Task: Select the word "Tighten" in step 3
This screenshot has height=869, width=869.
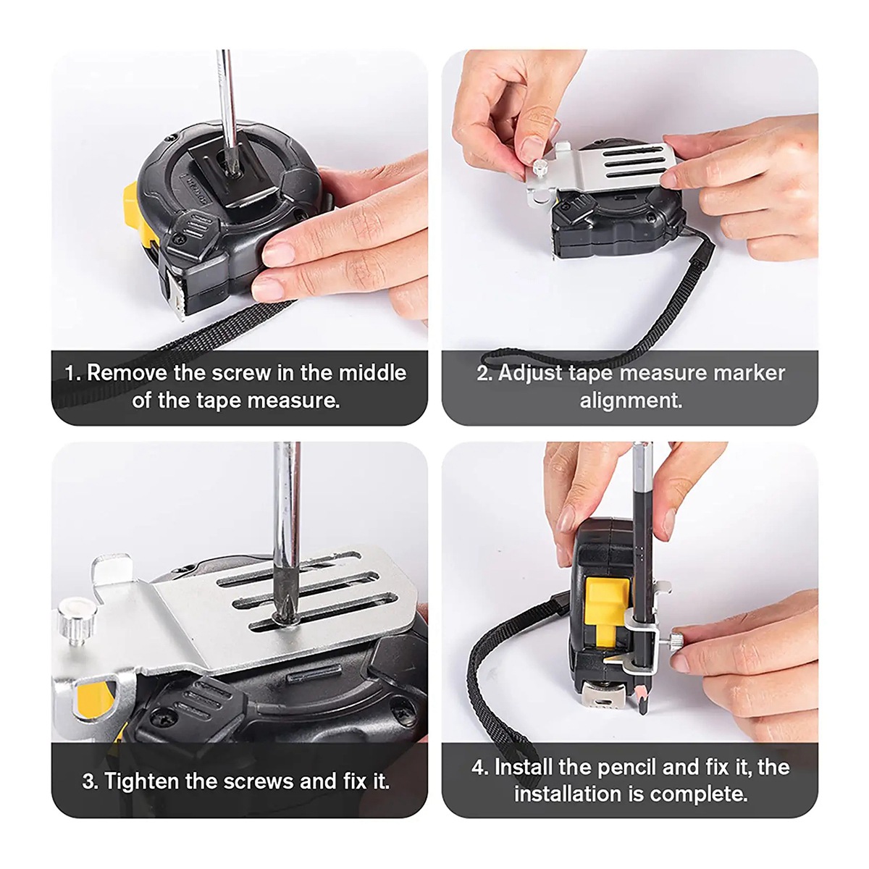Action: (x=142, y=781)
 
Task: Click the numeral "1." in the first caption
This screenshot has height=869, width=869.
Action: (x=72, y=374)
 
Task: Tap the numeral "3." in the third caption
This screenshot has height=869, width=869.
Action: (x=91, y=782)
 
